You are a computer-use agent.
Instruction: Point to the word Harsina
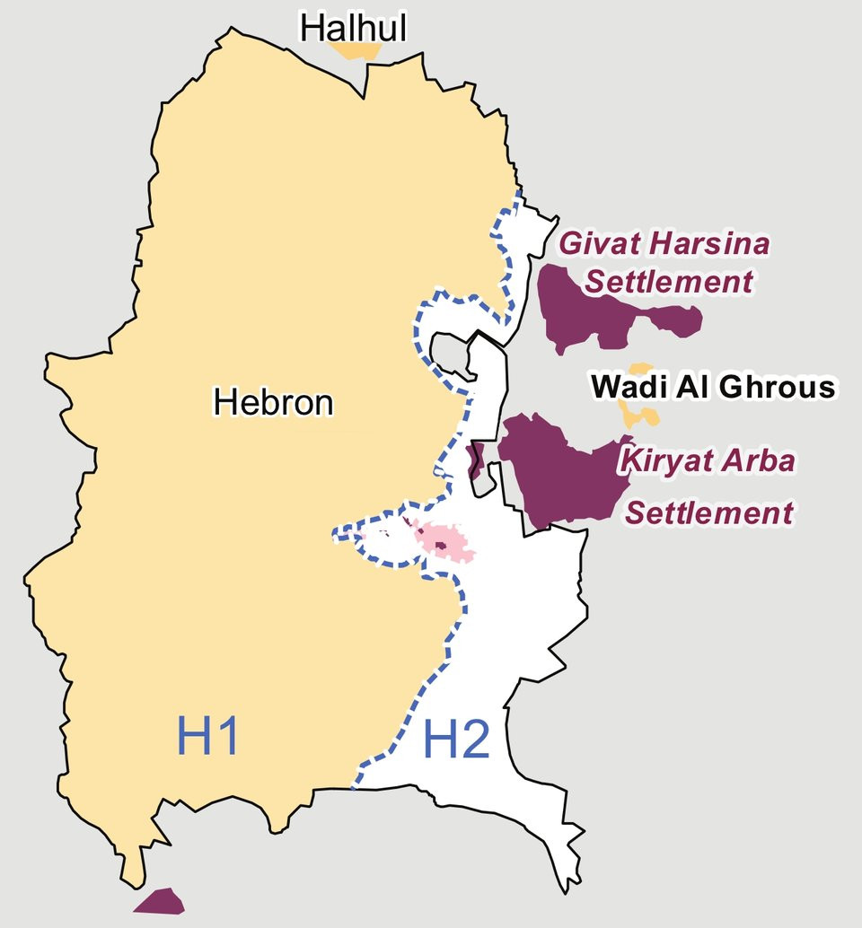tap(708, 244)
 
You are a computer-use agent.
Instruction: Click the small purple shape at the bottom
tap(159, 901)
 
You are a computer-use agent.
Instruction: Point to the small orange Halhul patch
tap(355, 50)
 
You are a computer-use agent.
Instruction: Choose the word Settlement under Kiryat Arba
tap(709, 513)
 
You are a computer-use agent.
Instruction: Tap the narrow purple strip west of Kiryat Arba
tap(477, 459)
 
